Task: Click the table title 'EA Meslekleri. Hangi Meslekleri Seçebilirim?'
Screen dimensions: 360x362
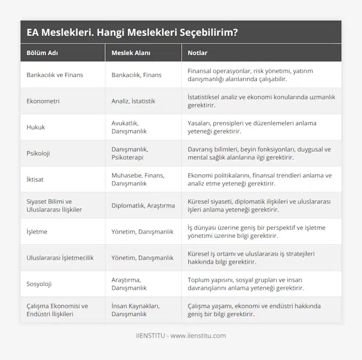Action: (132, 32)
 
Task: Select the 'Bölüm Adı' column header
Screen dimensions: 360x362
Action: (43, 53)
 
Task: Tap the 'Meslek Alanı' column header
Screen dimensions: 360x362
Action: (131, 53)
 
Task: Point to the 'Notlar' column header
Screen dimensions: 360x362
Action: (197, 53)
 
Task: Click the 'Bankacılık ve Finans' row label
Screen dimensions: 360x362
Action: (55, 75)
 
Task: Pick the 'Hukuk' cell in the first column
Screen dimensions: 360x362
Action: (36, 127)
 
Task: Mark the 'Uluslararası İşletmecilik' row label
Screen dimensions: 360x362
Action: (60, 258)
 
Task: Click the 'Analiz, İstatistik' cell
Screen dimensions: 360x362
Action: (134, 101)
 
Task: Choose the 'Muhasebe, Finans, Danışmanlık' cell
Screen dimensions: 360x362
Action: (139, 179)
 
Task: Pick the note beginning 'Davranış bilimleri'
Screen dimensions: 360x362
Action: (259, 153)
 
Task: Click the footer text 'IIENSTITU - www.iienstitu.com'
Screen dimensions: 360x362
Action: (181, 336)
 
